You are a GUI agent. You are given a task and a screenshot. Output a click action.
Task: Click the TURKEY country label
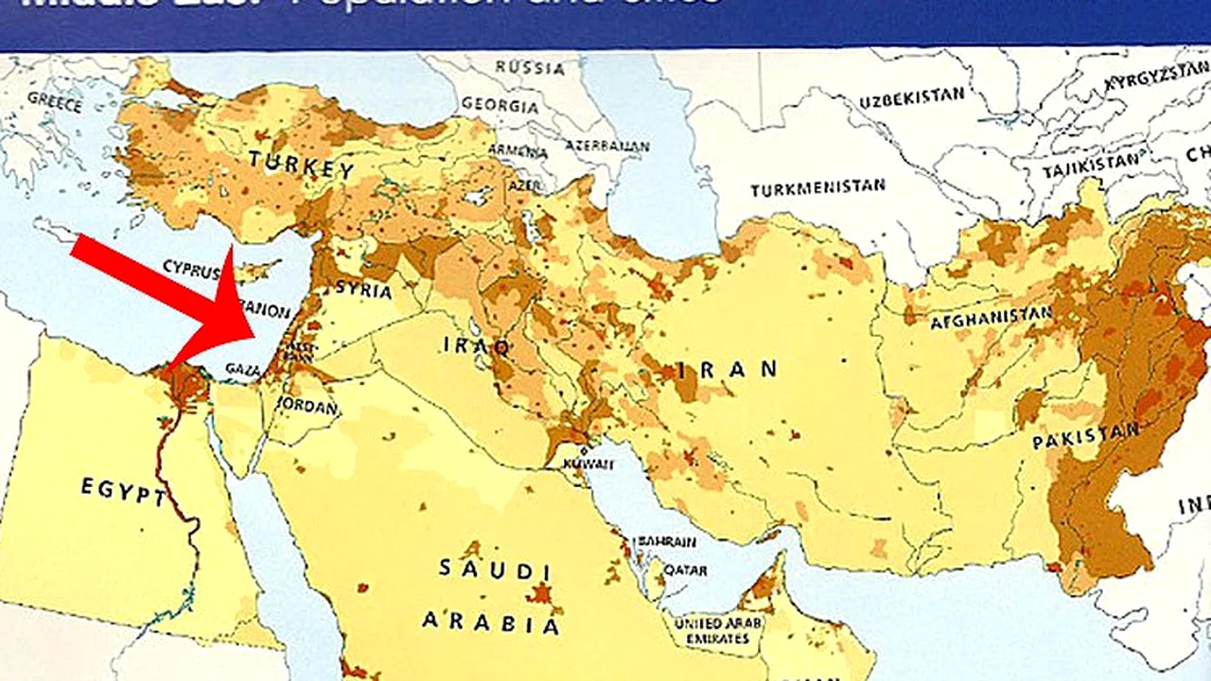[302, 166]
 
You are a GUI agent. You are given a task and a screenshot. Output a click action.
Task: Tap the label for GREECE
[55, 101]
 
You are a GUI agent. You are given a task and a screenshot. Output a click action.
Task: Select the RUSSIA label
[530, 68]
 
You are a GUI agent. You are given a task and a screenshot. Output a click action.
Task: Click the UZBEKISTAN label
[912, 97]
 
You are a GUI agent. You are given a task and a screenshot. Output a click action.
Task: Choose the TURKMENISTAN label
[817, 188]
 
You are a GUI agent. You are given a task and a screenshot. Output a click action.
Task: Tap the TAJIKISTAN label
[1090, 168]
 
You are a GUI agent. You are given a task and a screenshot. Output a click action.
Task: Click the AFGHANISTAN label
[991, 318]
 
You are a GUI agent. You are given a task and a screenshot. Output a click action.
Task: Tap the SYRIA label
[363, 290]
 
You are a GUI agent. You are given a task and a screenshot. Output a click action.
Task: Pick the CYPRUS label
[190, 268]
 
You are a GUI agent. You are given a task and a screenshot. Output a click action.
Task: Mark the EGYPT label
[123, 490]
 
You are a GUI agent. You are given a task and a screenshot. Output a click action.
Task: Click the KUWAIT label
[588, 464]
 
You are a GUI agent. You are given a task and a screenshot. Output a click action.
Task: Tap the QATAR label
[686, 570]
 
